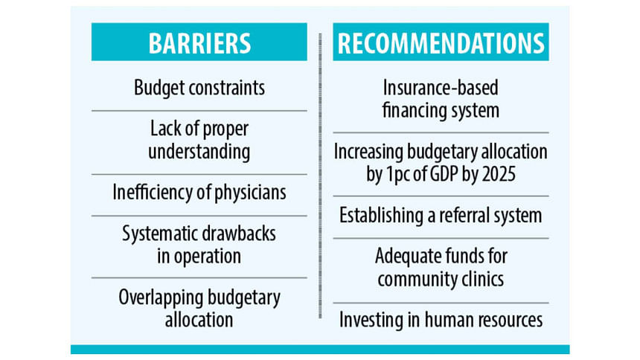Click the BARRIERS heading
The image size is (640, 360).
tap(199, 43)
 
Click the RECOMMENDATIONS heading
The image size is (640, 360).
tap(441, 43)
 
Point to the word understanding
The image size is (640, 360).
tap(199, 152)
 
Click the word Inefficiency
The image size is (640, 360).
tap(153, 193)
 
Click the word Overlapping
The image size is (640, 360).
tap(161, 298)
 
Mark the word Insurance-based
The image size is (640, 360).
tap(441, 88)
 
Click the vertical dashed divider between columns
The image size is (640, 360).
tap(320, 176)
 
